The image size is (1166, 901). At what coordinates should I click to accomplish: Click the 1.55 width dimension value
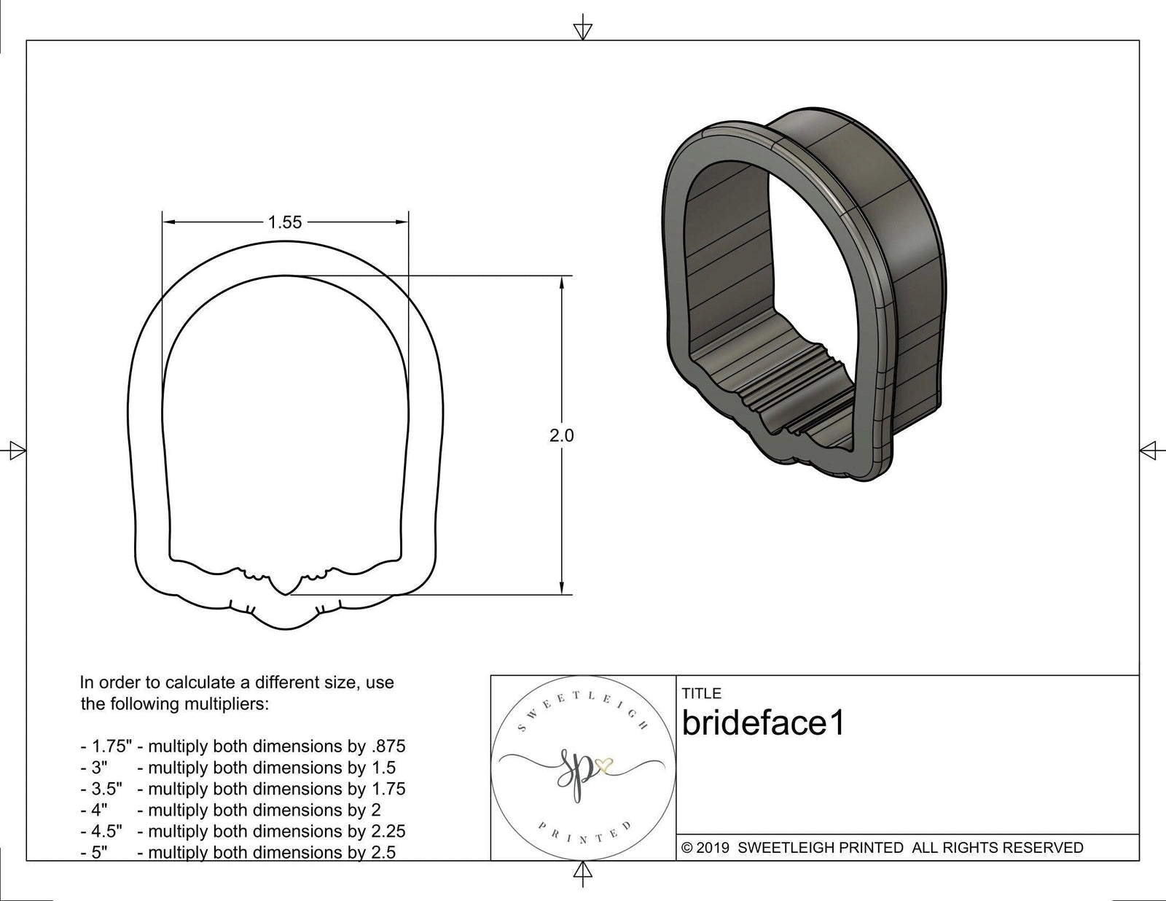tap(284, 222)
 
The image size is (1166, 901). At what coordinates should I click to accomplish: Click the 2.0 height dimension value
tap(561, 436)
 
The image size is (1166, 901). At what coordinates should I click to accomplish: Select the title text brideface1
tap(763, 724)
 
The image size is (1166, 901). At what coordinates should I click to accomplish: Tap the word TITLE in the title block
tap(701, 693)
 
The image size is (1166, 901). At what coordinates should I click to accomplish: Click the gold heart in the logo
tap(604, 765)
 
